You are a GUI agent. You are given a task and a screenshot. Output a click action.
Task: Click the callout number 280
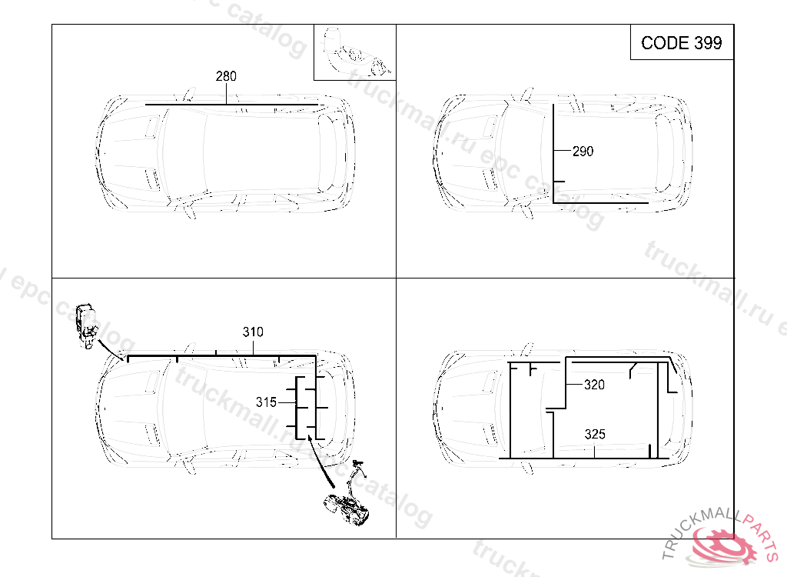click(226, 76)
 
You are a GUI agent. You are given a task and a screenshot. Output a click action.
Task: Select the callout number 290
click(583, 152)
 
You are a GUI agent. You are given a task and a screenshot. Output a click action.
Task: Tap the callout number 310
click(253, 332)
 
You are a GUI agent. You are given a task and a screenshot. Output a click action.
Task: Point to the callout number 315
click(266, 402)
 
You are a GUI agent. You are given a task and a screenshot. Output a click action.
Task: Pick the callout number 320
click(594, 385)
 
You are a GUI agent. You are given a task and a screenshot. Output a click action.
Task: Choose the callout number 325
click(595, 434)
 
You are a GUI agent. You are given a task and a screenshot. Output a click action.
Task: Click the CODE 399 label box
click(682, 42)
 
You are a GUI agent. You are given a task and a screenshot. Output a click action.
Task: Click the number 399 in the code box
click(708, 43)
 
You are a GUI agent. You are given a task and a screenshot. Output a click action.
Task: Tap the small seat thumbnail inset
click(355, 52)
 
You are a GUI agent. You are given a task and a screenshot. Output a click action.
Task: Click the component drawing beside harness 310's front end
click(86, 325)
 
